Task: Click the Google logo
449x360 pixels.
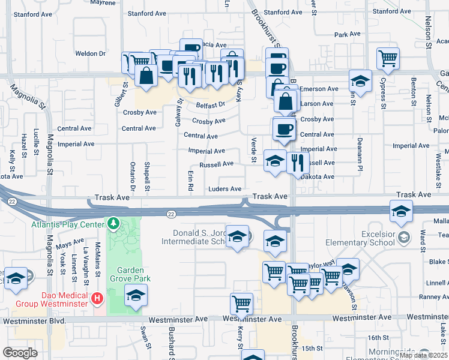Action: (x=20, y=352)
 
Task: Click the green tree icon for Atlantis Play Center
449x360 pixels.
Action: (x=113, y=224)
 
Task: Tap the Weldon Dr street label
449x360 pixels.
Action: (x=91, y=53)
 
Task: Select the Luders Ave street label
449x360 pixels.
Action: (x=224, y=189)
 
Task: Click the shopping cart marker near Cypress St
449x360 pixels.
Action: (x=388, y=59)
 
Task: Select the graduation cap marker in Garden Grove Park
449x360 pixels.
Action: (x=136, y=295)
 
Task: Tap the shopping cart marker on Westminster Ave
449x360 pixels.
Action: (x=242, y=304)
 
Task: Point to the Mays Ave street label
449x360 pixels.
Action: (x=70, y=243)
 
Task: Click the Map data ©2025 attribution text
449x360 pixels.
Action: (x=423, y=355)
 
